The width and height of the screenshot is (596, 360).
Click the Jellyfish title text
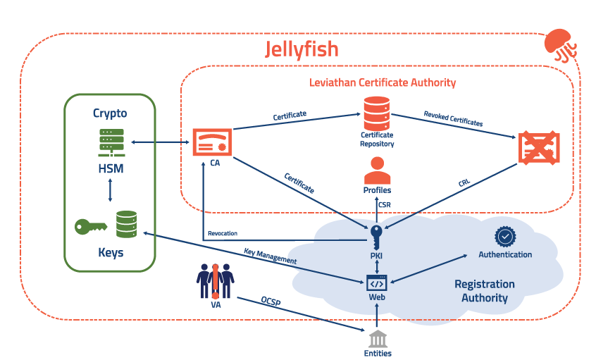302,49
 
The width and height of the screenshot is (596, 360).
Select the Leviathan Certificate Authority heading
383,82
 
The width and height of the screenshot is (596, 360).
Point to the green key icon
91,227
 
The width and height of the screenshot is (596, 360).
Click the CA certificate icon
213,143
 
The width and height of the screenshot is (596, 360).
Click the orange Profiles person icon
377,170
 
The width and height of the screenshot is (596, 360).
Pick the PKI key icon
377,235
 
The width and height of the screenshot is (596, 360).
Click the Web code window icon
377,284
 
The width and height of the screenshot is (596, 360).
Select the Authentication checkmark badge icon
504,236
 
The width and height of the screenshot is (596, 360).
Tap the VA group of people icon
214,280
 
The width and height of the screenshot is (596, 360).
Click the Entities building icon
378,337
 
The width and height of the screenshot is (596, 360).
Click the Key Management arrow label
271,256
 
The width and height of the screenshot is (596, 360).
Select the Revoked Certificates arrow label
453,118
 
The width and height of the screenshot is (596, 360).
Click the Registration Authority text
484,291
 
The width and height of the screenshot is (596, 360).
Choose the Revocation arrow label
223,233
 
